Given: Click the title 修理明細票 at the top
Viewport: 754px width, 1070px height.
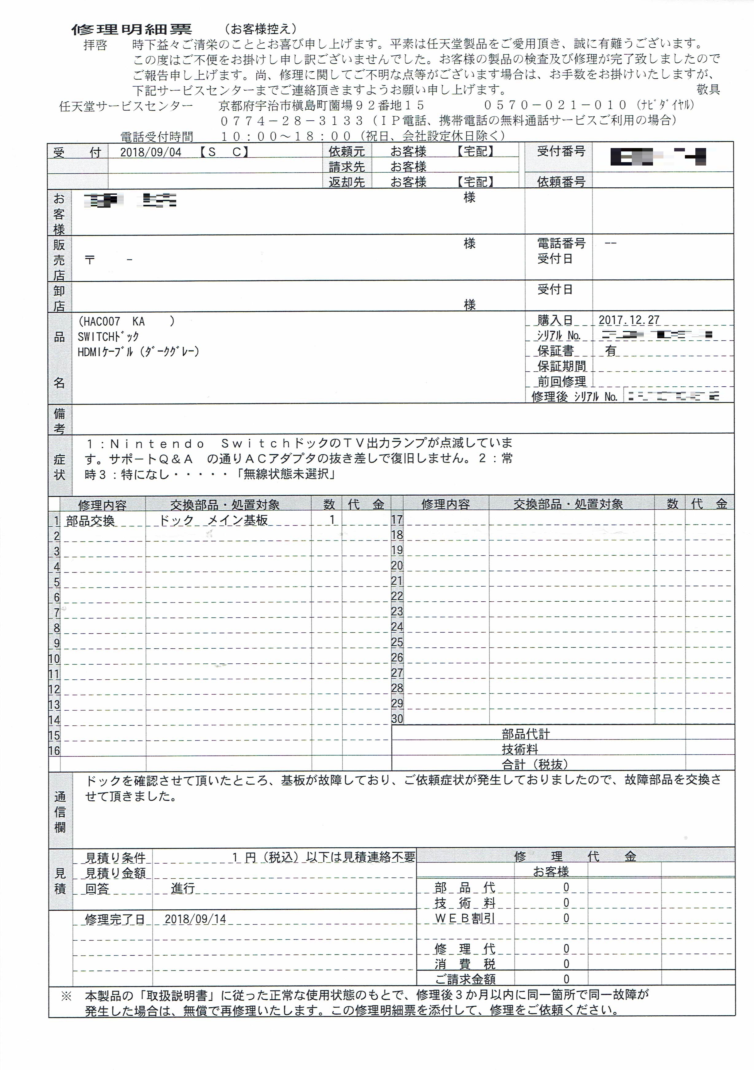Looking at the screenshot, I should click(x=131, y=30).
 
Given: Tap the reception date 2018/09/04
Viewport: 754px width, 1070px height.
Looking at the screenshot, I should click(x=150, y=152).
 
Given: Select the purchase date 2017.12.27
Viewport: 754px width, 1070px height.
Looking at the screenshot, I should click(x=629, y=320).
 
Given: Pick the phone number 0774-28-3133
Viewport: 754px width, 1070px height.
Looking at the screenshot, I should click(x=292, y=121).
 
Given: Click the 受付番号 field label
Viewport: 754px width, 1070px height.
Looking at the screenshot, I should click(x=561, y=151).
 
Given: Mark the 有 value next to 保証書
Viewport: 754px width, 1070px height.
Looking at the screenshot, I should click(x=611, y=350).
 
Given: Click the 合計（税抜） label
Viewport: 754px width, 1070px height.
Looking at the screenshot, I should click(x=534, y=764).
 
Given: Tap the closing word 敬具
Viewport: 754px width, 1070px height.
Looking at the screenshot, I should click(x=708, y=89).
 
